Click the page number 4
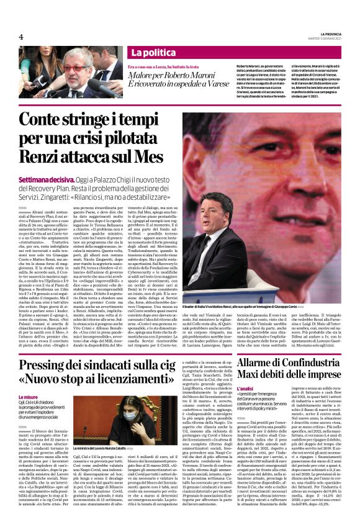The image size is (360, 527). [x=20, y=37]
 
